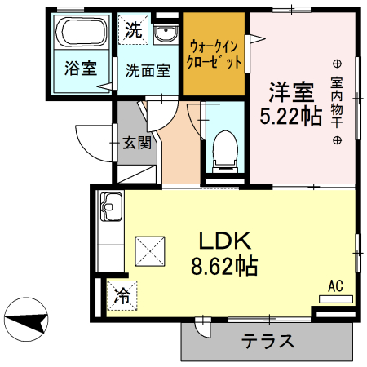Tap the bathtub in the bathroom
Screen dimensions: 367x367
point(81,34)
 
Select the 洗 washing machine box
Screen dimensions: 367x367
point(132,30)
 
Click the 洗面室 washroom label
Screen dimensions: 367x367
point(147,70)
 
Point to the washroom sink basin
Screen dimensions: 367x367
point(166,33)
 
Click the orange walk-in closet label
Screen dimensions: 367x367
point(214,54)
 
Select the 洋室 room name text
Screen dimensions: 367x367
point(290,87)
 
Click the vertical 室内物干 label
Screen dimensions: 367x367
point(337,102)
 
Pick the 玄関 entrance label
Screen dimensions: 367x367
point(136,144)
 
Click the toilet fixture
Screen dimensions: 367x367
point(223,150)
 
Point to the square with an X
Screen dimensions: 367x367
point(149,249)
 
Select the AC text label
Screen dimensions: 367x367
point(335,286)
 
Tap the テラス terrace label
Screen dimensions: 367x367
point(268,341)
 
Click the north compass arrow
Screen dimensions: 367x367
point(24,321)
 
